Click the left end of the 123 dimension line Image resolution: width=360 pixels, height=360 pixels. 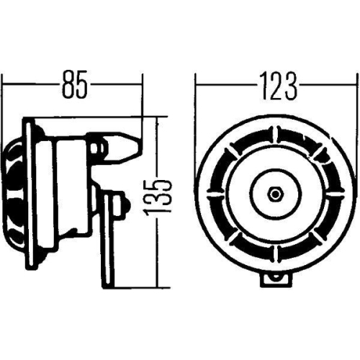click(x=196, y=85)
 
